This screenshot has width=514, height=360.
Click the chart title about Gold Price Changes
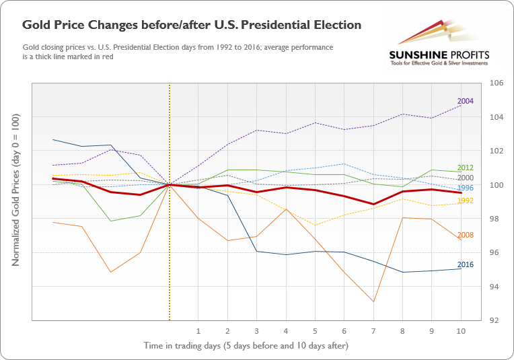click(192, 25)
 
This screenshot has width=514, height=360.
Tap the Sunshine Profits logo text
click(439, 55)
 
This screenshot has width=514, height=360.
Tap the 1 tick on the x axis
click(198, 330)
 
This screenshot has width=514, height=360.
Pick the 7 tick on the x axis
click(373, 330)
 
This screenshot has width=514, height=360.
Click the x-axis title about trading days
click(246, 345)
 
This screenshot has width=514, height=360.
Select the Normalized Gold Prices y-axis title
click(15, 189)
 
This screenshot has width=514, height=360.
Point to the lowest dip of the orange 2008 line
click(373, 301)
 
